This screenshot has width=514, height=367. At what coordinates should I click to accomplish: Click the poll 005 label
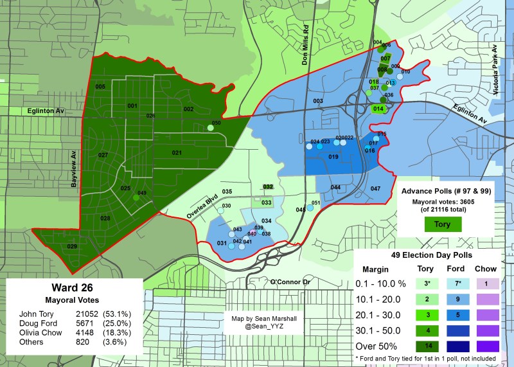(100, 86)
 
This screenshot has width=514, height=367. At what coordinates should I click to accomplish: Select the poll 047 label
(376, 188)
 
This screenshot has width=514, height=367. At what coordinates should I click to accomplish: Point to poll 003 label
(318, 101)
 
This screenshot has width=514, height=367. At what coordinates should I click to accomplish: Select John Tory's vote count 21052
(80, 312)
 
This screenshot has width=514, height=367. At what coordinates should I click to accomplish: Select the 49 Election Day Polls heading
(430, 255)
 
